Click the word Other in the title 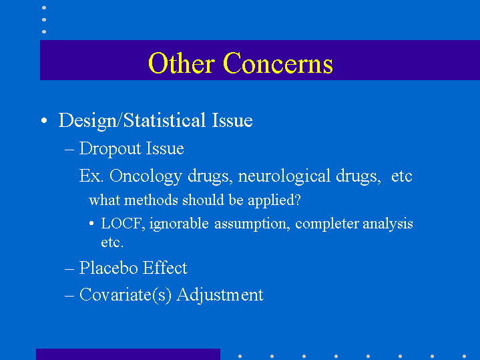181,63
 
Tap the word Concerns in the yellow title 278,63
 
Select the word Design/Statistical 132,120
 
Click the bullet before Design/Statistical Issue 44,120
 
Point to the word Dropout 110,149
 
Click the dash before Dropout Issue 69,150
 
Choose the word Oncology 146,176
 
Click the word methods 151,200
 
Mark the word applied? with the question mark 274,200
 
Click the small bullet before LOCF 91,223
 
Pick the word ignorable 179,224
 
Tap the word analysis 388,224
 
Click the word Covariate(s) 126,295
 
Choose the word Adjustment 220,295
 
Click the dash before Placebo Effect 69,269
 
